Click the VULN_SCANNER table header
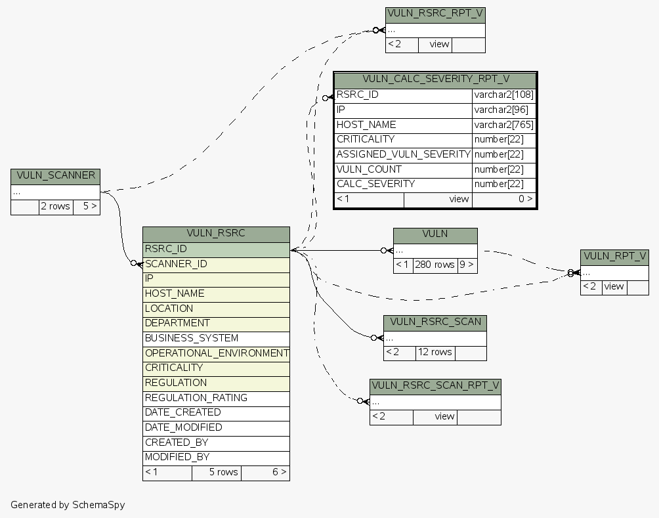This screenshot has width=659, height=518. point(55,176)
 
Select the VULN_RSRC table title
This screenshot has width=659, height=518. point(216,234)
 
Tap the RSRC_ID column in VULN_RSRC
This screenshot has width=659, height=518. point(216,249)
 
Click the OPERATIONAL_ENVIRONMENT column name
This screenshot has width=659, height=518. point(217,353)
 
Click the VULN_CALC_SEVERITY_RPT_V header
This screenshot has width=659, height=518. point(436,79)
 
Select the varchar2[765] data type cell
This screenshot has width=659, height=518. point(503,125)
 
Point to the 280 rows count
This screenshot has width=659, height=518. point(435,265)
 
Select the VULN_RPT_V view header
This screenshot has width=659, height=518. point(614,257)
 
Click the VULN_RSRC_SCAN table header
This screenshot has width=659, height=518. point(435,322)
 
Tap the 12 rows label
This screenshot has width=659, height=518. point(435,353)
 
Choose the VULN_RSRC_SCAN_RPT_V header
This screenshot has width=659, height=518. point(435,385)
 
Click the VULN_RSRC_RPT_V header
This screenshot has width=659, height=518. point(435,14)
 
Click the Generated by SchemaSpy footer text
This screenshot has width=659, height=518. point(68,505)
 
